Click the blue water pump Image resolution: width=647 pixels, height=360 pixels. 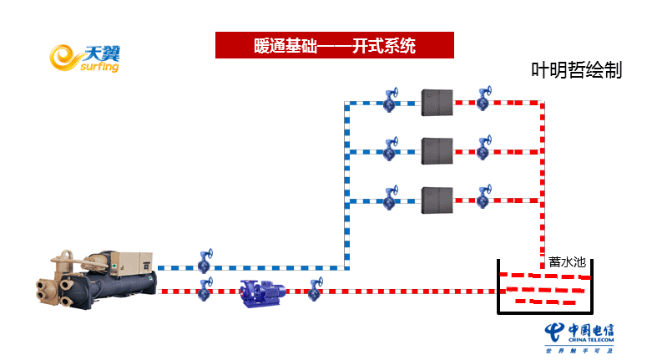point(261,292)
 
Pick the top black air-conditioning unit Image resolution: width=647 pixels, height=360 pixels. point(437,103)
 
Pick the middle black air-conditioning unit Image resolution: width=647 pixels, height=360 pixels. point(437,151)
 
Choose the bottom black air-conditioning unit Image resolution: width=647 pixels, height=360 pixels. point(437,200)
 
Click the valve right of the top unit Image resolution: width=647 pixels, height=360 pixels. point(483,101)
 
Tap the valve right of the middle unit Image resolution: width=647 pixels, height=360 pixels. point(483,150)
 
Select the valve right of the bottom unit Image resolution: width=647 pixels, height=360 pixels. point(483,198)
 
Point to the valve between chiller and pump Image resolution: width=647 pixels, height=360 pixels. point(205,290)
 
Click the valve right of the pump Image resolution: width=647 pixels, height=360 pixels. point(315,290)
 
